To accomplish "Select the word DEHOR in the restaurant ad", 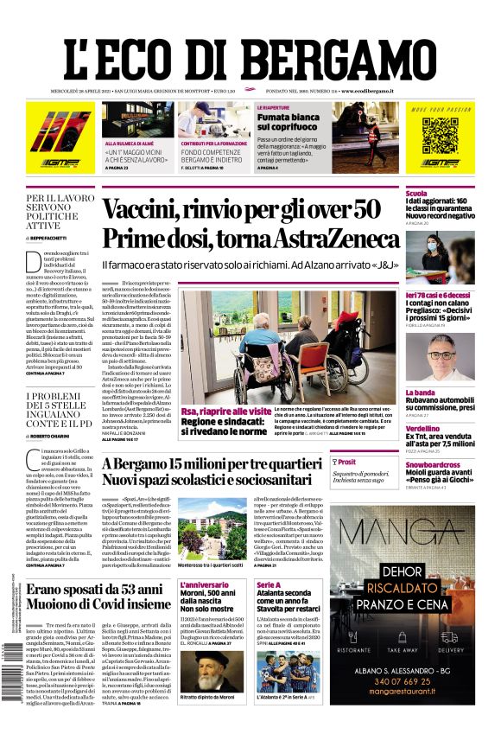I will pyautogui.click(x=405, y=571).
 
